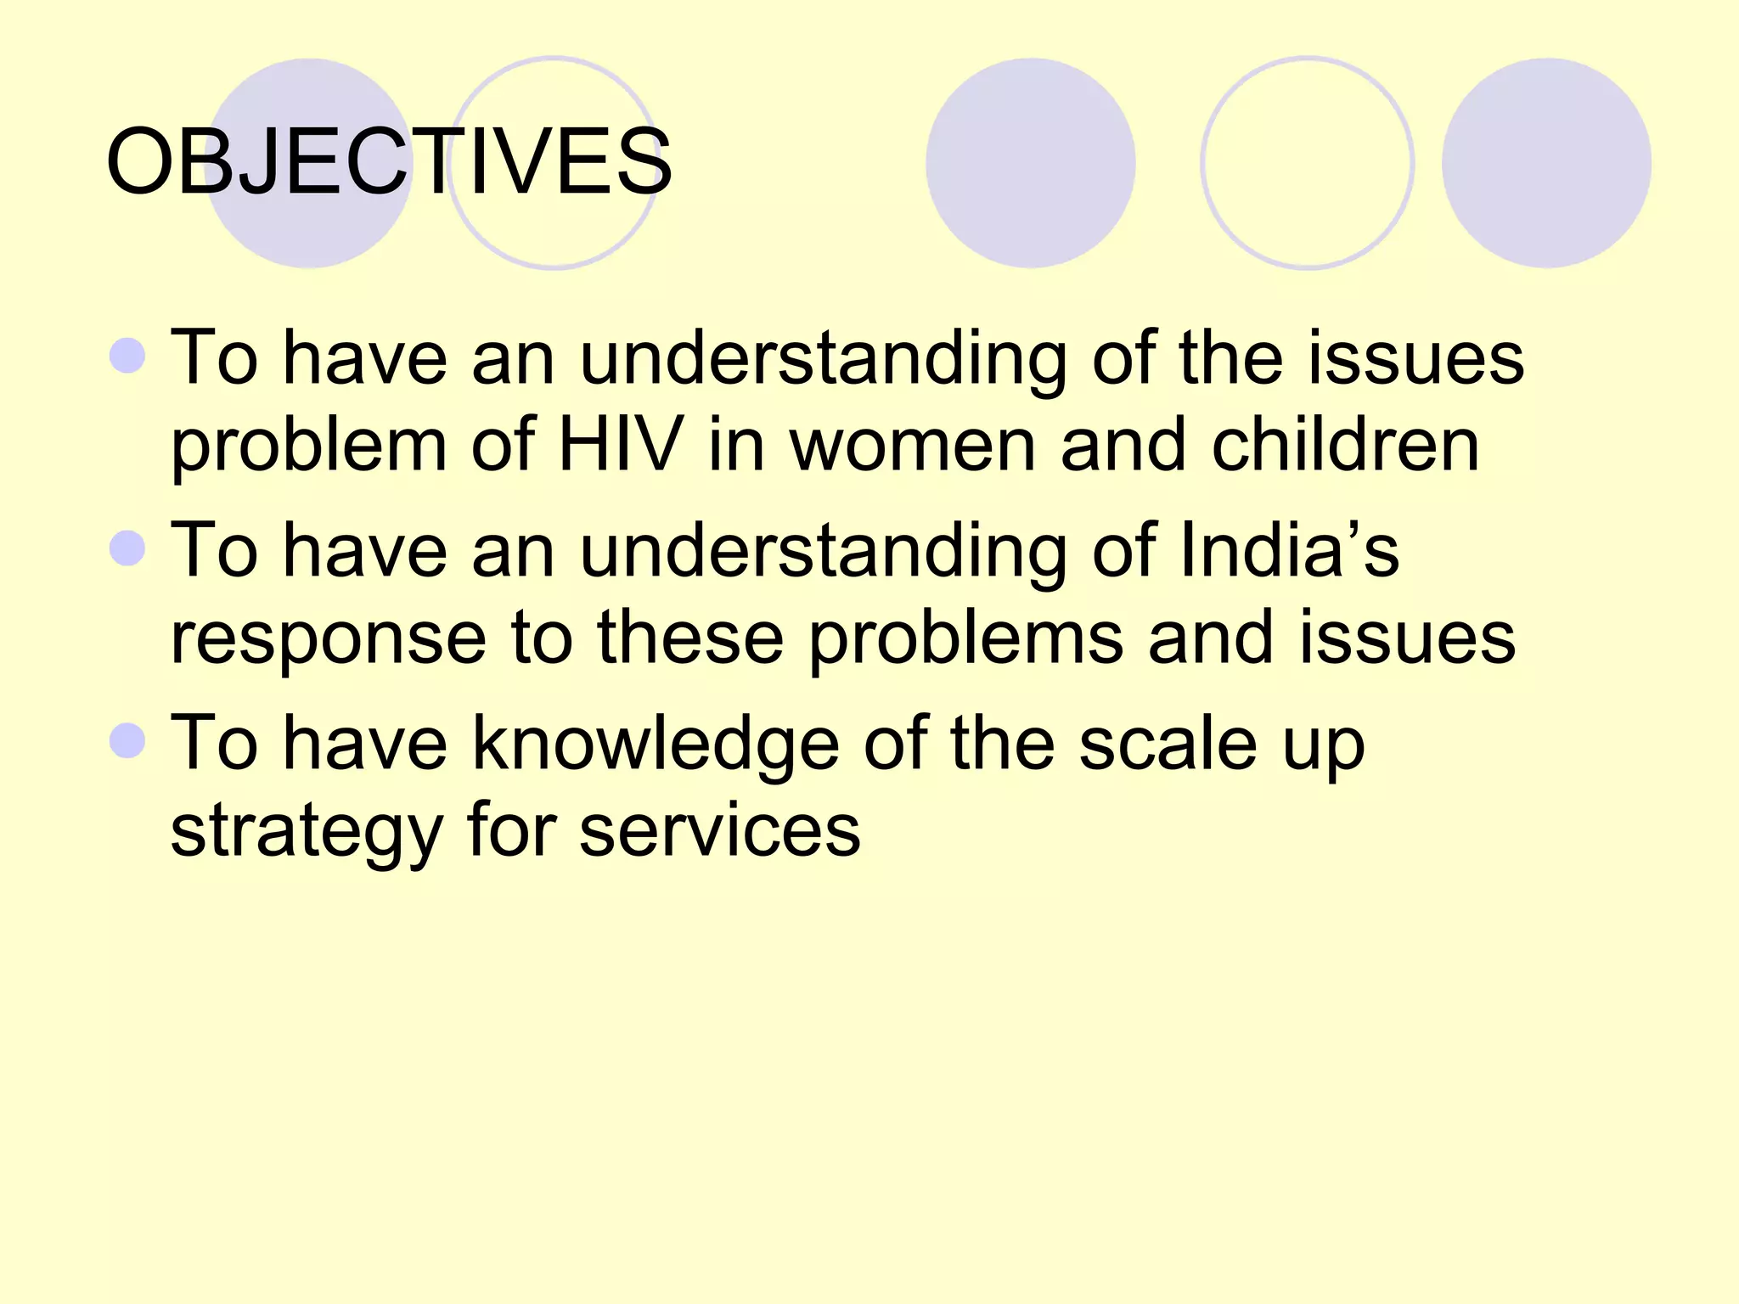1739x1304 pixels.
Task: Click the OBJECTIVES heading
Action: pos(389,161)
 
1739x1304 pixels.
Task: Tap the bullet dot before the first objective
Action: pos(128,356)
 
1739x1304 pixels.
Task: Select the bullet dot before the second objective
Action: pos(128,548)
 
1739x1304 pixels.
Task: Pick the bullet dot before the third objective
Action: pos(128,740)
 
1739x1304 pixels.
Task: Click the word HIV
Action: pos(620,445)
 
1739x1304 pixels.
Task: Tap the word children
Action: pos(1345,445)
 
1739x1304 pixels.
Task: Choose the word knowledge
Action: pos(655,744)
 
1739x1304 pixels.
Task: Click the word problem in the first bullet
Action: pos(308,447)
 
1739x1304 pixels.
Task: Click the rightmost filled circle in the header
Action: pos(1546,163)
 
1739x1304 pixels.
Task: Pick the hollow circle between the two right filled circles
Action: pos(1307,163)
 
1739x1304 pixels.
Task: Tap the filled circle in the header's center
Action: pos(1030,163)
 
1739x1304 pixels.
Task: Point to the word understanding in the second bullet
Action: pos(823,552)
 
